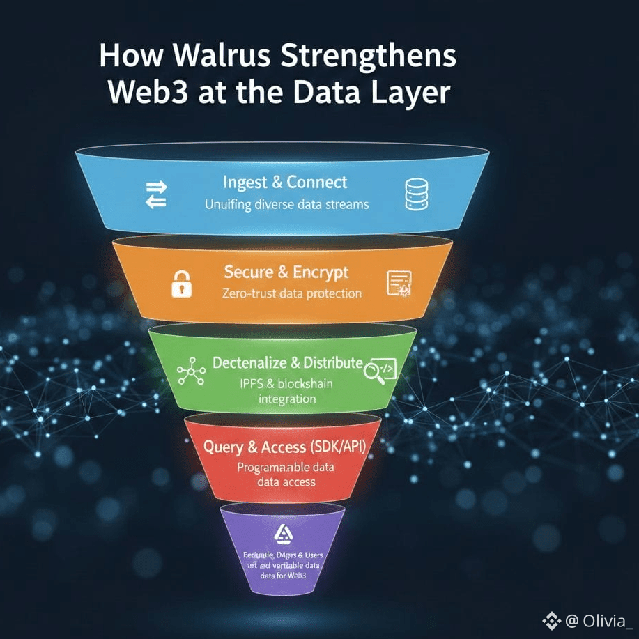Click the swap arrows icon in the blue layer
156,194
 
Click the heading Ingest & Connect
285,183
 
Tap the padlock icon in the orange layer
181,284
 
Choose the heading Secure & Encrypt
286,272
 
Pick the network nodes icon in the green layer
191,373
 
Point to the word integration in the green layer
287,399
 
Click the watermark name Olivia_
608,619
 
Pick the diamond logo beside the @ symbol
552,619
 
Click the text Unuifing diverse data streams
286,205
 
